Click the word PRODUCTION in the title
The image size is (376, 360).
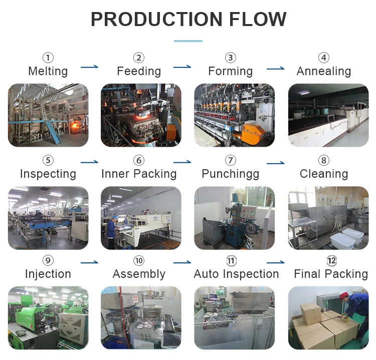[150, 20]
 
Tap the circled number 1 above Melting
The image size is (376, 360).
[48, 58]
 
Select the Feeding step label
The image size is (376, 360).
[139, 71]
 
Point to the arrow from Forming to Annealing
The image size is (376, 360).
[275, 68]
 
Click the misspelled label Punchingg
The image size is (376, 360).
[231, 174]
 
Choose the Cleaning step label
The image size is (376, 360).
[324, 174]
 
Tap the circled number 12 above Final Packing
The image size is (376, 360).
[331, 261]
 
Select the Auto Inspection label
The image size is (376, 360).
[236, 274]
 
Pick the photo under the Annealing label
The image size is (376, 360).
[328, 115]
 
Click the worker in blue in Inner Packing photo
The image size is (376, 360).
[112, 231]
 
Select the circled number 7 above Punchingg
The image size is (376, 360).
[231, 161]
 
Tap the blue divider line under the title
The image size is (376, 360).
[188, 41]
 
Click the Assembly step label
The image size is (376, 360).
[139, 274]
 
